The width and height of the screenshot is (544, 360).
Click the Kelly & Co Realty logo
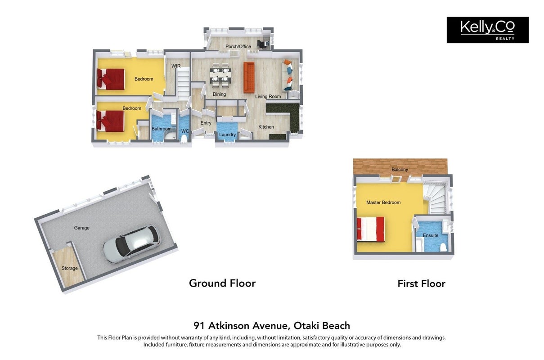coord(487,30)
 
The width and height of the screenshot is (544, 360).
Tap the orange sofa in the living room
coord(249,77)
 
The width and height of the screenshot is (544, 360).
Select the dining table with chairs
coord(220,75)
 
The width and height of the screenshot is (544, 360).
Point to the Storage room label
coord(69,268)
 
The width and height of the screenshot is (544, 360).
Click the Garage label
coord(81,228)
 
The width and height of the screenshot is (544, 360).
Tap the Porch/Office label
coord(238,46)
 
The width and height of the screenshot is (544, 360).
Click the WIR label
coord(176,66)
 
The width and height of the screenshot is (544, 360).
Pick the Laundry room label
coord(227,135)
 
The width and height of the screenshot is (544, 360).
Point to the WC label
coord(185,131)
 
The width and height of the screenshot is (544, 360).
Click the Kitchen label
coord(266,127)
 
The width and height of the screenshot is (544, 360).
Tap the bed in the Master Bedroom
coord(371,229)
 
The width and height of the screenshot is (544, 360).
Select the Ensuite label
coord(431,235)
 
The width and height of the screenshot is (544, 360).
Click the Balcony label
coord(400,170)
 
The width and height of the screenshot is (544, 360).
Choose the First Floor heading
coord(421,283)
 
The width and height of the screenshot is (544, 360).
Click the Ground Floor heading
coord(222,283)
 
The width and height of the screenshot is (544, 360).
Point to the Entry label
coord(206,123)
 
